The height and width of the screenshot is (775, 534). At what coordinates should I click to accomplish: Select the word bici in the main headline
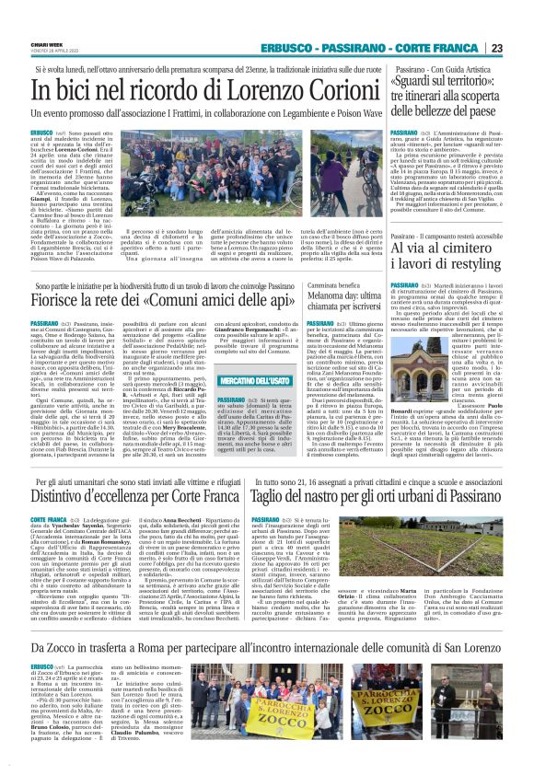[75, 92]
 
